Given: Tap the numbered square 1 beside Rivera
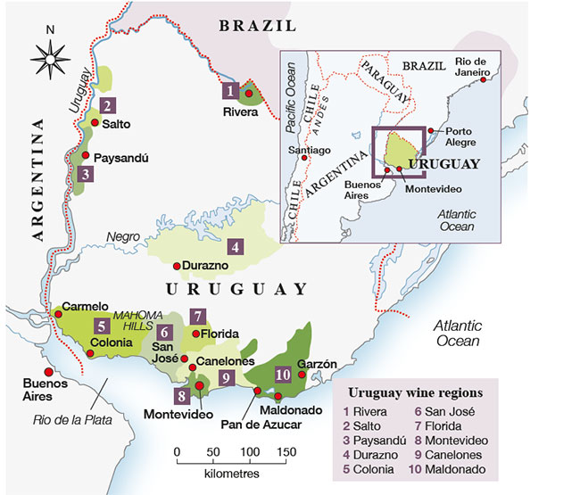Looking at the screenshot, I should pos(230,90).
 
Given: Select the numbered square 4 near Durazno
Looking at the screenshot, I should pos(235,247).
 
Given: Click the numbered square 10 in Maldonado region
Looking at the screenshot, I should pos(283,375).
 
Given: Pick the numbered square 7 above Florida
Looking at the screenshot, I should pos(198,316).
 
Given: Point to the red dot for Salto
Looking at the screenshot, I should pos(95,123).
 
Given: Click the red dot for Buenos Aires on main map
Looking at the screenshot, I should pos(36,373).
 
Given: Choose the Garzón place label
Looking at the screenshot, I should pos(318,364).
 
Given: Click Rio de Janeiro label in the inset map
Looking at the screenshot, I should pos(472,67).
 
